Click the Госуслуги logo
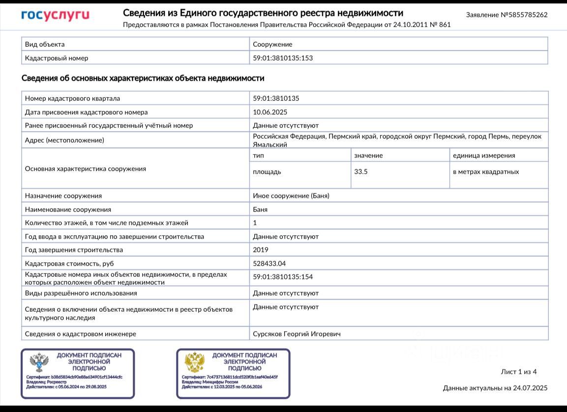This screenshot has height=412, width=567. (55, 15)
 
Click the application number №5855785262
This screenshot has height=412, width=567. (507, 15)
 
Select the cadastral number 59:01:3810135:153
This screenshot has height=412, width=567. (283, 58)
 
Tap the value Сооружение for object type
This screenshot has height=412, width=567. (272, 44)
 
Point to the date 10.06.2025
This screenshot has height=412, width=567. (270, 112)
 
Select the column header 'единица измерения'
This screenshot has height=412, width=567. (484, 155)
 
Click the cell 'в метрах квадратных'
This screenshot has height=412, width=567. (486, 172)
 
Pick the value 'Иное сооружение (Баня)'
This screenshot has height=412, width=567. (291, 196)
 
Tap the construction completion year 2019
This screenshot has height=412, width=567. (261, 250)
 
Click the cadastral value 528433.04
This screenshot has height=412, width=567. (269, 264)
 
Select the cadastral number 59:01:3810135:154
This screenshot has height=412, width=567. (283, 277)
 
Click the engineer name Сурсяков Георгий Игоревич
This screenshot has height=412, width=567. (297, 334)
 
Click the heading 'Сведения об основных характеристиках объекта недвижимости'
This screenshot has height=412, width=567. (143, 78)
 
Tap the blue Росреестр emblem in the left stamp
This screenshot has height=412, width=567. (39, 362)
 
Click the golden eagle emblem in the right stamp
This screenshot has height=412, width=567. (195, 362)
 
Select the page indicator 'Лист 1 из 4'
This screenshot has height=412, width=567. (518, 372)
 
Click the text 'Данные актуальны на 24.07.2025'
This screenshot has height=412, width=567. (495, 388)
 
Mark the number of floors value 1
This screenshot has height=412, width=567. (255, 223)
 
